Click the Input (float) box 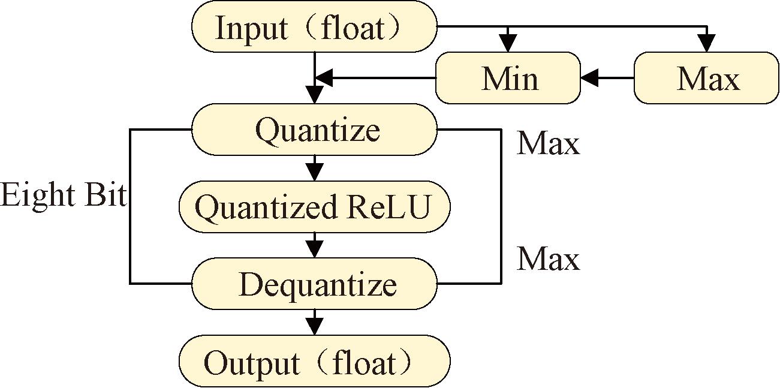tap(314, 29)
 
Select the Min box tap(508, 78)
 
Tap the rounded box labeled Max tap(707, 78)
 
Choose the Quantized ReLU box tap(314, 207)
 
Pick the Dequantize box tap(314, 284)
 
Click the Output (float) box tap(314, 362)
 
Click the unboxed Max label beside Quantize tap(548, 144)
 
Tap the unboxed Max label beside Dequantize tap(548, 258)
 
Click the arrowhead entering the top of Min tap(508, 44)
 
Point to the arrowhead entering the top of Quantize tap(314, 96)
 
